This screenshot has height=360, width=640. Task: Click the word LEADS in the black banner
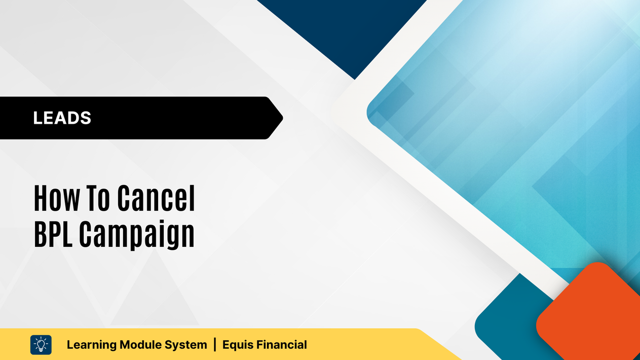pos(62,118)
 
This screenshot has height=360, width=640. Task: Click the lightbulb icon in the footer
pos(41,345)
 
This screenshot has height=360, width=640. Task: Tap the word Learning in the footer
pos(90,345)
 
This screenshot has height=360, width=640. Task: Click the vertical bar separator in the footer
pos(215,345)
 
